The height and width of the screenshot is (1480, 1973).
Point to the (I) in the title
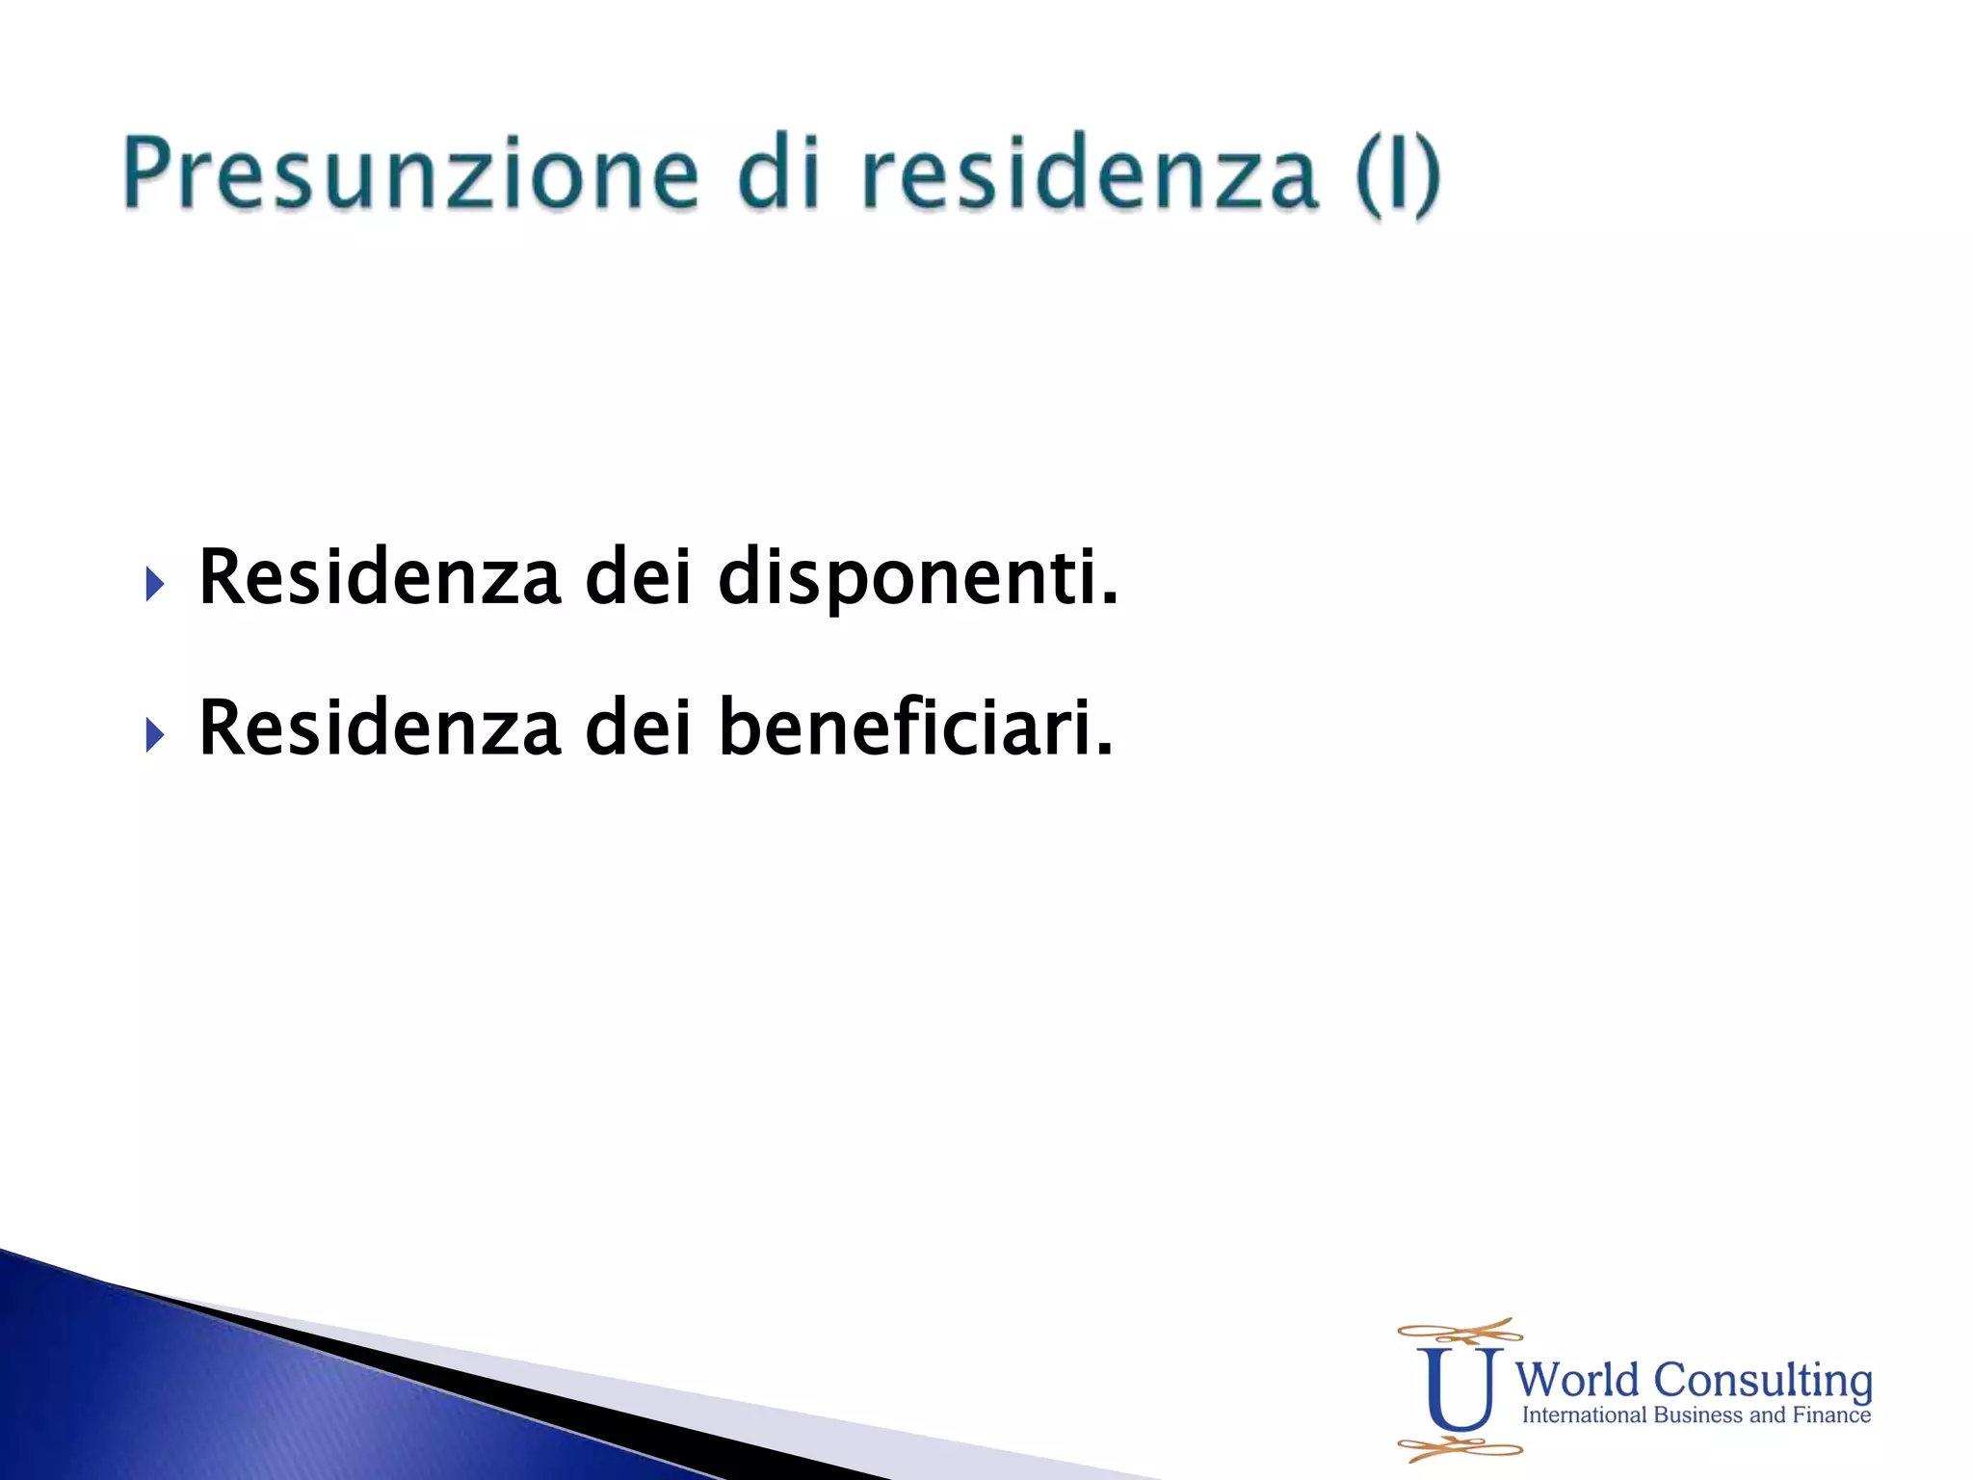1397,174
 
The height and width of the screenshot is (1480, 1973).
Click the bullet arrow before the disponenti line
155,583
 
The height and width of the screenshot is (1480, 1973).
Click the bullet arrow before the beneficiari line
155,734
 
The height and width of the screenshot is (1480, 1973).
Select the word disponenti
918,579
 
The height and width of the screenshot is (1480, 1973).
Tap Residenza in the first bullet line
379,577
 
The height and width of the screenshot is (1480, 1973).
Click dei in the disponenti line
638,577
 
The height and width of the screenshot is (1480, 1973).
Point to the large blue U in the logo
1459,1388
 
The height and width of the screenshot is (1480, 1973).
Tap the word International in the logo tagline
1585,1415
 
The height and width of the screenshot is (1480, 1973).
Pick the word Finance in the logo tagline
1831,1415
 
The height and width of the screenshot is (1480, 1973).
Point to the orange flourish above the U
1460,1334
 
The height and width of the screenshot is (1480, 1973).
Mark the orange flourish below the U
1460,1447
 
